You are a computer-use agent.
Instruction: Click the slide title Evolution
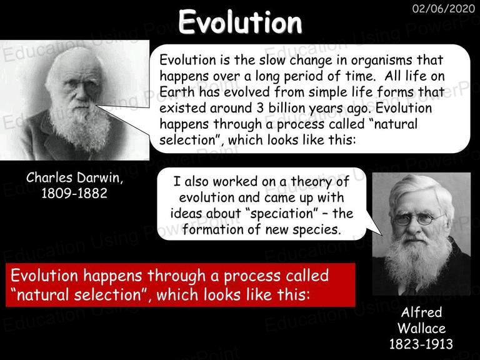[x=240, y=22]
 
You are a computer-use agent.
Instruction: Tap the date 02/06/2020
[x=444, y=9]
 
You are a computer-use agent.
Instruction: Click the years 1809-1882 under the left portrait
[x=74, y=193]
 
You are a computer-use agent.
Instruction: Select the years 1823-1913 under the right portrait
[x=421, y=344]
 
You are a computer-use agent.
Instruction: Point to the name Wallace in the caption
[x=421, y=328]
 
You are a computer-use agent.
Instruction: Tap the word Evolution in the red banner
[x=44, y=275]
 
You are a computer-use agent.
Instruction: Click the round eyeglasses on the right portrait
[x=417, y=219]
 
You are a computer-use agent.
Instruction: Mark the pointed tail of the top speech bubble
[x=97, y=106]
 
